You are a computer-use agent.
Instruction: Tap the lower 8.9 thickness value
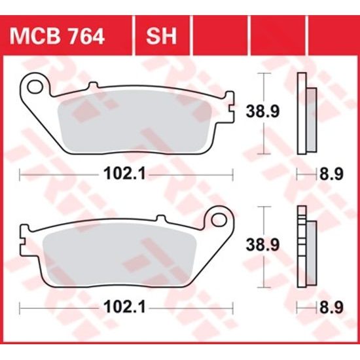[331, 306]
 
